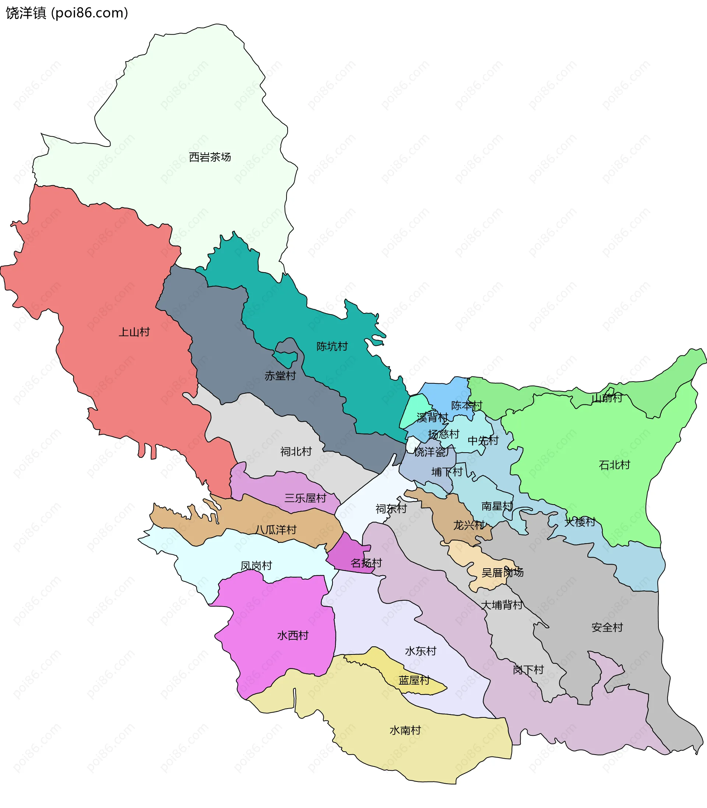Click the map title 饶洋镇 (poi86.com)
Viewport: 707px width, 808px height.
[x=67, y=13]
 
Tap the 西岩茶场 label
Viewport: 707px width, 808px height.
[x=210, y=157]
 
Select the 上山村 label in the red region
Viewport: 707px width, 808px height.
[x=134, y=332]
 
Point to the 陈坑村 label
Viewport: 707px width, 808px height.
[x=332, y=347]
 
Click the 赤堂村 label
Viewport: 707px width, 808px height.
[x=280, y=376]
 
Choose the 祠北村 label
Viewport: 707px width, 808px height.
[x=296, y=452]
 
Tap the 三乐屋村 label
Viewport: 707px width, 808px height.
[x=305, y=498]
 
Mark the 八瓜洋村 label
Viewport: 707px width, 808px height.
[x=275, y=530]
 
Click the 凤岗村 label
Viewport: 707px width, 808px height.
[x=256, y=566]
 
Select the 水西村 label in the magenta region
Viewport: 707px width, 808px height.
[x=293, y=636]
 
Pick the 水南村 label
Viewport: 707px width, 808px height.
[x=405, y=730]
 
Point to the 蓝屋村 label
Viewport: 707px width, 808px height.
[x=414, y=680]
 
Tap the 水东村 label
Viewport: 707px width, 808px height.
[x=421, y=651]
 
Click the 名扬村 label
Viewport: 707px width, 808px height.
[x=366, y=563]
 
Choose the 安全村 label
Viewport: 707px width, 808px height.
[x=607, y=627]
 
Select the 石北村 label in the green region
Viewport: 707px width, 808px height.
[x=614, y=465]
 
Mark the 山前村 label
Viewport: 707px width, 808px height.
[x=607, y=398]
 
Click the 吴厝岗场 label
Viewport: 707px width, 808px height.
[x=502, y=572]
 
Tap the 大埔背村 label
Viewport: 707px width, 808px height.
[x=502, y=605]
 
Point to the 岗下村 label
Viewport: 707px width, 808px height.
[x=528, y=670]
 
